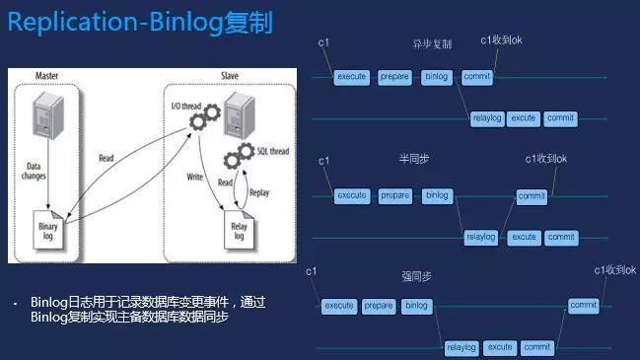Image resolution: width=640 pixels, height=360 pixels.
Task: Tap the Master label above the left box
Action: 47,75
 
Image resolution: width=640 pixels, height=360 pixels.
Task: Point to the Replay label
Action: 259,191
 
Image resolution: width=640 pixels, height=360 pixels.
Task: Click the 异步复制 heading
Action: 432,44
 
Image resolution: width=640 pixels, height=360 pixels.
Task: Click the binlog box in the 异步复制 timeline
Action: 436,77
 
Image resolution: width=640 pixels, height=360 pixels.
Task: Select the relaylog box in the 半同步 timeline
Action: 480,238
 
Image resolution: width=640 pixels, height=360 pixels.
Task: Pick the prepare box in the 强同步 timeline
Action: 378,306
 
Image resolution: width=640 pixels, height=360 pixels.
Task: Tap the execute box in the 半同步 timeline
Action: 351,195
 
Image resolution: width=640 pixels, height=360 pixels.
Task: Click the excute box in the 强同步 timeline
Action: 500,347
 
